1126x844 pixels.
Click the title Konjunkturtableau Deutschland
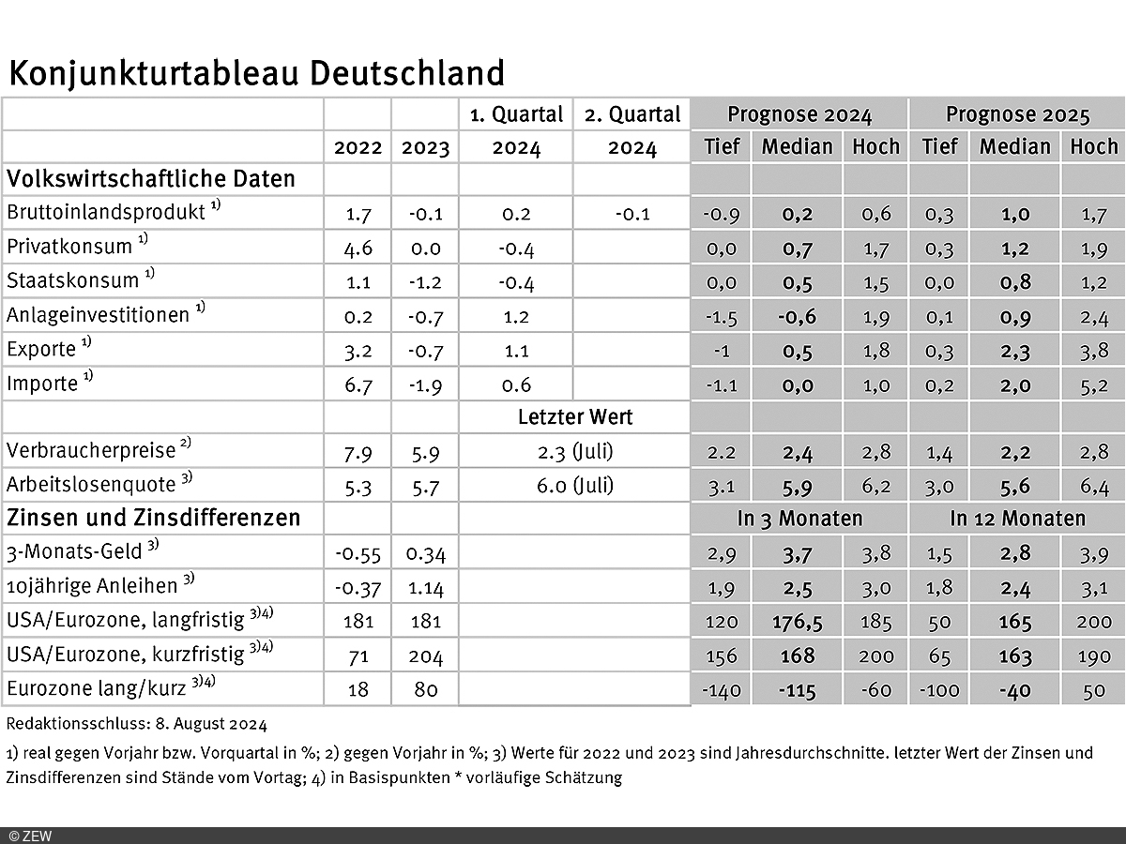pyautogui.click(x=256, y=72)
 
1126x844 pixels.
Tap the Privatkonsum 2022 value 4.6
pyautogui.click(x=358, y=248)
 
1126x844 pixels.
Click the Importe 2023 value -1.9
pyautogui.click(x=425, y=384)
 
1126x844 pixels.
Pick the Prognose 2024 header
pyautogui.click(x=799, y=115)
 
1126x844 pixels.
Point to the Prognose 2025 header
pyautogui.click(x=1017, y=115)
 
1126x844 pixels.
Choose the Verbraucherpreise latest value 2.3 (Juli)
pyautogui.click(x=574, y=452)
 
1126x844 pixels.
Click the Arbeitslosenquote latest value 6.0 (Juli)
pyautogui.click(x=574, y=486)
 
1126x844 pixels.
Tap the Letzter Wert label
pyautogui.click(x=574, y=416)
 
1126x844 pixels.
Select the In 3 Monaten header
pyautogui.click(x=799, y=519)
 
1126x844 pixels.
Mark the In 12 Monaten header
pyautogui.click(x=1017, y=519)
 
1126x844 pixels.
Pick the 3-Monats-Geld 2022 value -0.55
pyautogui.click(x=358, y=553)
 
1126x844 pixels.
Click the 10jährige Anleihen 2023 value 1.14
pyautogui.click(x=425, y=588)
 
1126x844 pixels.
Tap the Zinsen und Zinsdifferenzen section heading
pyautogui.click(x=153, y=518)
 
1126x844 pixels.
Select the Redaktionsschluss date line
pyautogui.click(x=136, y=724)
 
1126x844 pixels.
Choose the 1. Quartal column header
pyautogui.click(x=516, y=115)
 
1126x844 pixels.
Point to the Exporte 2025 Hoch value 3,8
pyautogui.click(x=1094, y=350)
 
